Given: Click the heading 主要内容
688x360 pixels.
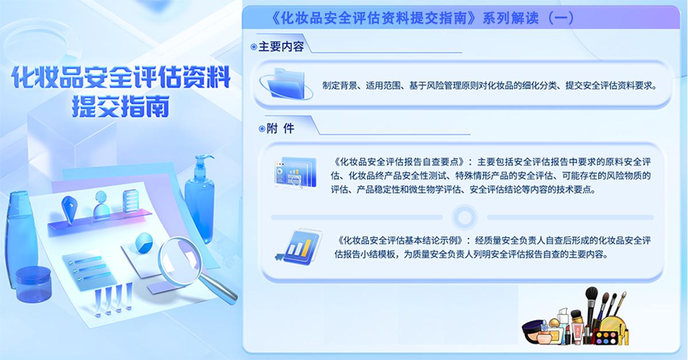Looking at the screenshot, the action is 281,46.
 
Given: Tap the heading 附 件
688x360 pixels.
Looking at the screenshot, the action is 280,128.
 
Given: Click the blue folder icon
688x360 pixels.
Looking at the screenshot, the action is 286,84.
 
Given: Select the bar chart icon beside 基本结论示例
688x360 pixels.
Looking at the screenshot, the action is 299,246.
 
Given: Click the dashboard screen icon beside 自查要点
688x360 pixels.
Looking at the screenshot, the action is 295,172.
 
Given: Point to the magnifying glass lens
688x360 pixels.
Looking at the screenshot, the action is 179,261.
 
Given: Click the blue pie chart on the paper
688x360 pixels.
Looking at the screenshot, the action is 144,243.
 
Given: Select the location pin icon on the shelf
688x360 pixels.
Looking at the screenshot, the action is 70,209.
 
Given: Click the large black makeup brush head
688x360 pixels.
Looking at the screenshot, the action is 592,294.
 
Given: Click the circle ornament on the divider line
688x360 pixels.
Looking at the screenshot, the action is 465,217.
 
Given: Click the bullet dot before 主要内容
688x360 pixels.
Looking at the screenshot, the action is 253,47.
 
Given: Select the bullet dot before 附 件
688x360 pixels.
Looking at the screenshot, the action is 261,129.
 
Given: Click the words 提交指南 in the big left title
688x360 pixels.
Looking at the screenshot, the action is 121,106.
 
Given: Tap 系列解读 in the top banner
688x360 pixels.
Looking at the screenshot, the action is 510,18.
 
